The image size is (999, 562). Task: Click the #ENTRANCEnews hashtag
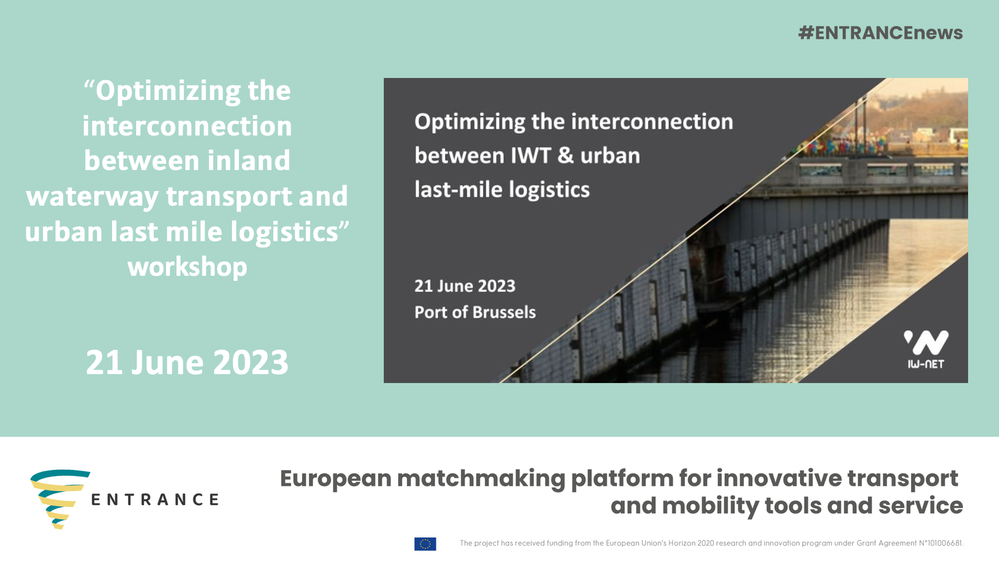tap(880, 33)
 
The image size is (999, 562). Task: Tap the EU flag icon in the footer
tap(425, 544)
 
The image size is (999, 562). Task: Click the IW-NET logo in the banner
tap(926, 349)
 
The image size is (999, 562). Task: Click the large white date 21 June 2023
tap(187, 362)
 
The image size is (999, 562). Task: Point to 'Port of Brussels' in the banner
tap(475, 312)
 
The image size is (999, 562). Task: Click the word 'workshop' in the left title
tap(187, 267)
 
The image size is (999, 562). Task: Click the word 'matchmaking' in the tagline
tap(481, 479)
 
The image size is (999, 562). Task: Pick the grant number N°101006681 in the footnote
tap(940, 543)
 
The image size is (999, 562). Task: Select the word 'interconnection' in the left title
tap(187, 126)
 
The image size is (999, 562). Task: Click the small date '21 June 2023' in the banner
tap(465, 286)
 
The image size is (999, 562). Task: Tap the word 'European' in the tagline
tap(336, 479)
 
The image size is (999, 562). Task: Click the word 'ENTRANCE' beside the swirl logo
tap(155, 500)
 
